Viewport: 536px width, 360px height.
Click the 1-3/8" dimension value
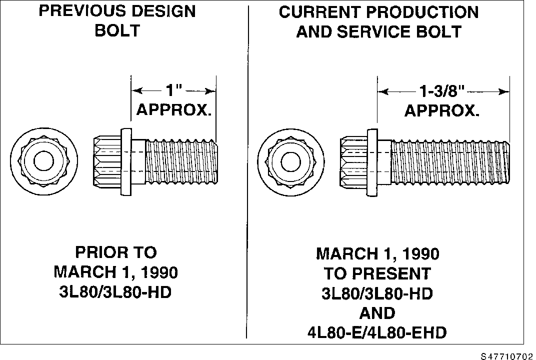point(442,91)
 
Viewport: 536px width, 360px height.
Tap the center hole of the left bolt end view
point(44,160)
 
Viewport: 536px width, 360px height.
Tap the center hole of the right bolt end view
point(291,162)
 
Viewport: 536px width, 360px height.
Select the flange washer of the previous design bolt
point(126,162)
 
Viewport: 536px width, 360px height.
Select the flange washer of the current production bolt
point(372,162)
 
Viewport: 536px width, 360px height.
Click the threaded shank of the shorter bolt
point(182,162)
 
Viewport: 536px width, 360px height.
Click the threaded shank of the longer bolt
point(450,162)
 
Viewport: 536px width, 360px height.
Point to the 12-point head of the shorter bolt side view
point(107,161)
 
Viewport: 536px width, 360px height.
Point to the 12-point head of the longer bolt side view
point(354,161)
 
